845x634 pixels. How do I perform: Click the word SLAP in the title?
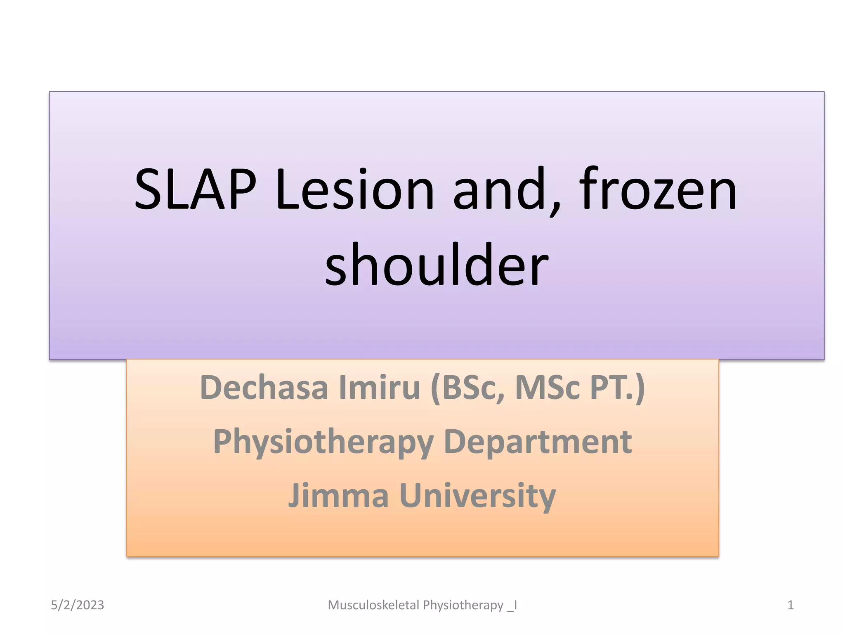[x=195, y=190]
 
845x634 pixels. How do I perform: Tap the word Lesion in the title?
[x=355, y=190]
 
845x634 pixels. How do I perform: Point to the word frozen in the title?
[x=658, y=190]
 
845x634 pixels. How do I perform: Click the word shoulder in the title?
[x=437, y=264]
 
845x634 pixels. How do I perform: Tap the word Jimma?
[x=338, y=495]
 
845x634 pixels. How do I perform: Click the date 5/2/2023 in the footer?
[x=78, y=605]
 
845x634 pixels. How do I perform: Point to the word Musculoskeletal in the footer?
[x=373, y=605]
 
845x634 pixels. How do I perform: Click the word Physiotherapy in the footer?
[x=463, y=605]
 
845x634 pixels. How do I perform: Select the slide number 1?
[x=791, y=605]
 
